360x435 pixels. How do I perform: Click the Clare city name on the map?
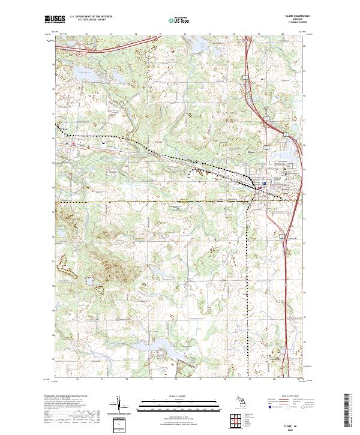[252, 151]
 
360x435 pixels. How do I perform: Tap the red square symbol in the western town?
[73, 143]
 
